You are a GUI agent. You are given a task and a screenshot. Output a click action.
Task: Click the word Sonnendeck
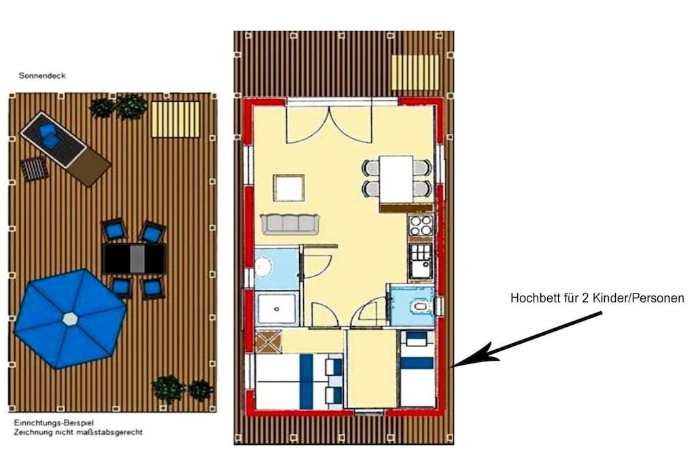[x=42, y=76]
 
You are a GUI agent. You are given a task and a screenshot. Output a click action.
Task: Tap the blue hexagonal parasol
[x=70, y=319]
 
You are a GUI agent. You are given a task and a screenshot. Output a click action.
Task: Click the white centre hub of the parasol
[x=70, y=319]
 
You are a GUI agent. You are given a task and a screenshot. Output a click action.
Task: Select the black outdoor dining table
[x=134, y=259]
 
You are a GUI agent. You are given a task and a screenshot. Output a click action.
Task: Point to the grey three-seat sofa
[x=290, y=224]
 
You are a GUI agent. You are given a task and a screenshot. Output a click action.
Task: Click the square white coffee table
[x=288, y=188]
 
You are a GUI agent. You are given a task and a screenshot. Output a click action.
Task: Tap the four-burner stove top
[x=420, y=225]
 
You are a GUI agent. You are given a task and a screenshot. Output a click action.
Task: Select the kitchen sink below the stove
[x=420, y=262]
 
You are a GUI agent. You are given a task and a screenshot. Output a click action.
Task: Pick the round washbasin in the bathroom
[x=264, y=268]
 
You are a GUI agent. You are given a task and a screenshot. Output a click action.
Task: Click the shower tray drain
[x=277, y=308]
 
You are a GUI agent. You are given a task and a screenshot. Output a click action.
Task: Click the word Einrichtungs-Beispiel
[x=54, y=423]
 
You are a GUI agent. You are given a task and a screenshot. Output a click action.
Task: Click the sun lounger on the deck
[x=66, y=149]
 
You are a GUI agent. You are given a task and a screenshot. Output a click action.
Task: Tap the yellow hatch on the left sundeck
[x=176, y=120]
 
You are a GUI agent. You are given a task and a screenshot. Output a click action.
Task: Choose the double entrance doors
[x=329, y=124]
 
